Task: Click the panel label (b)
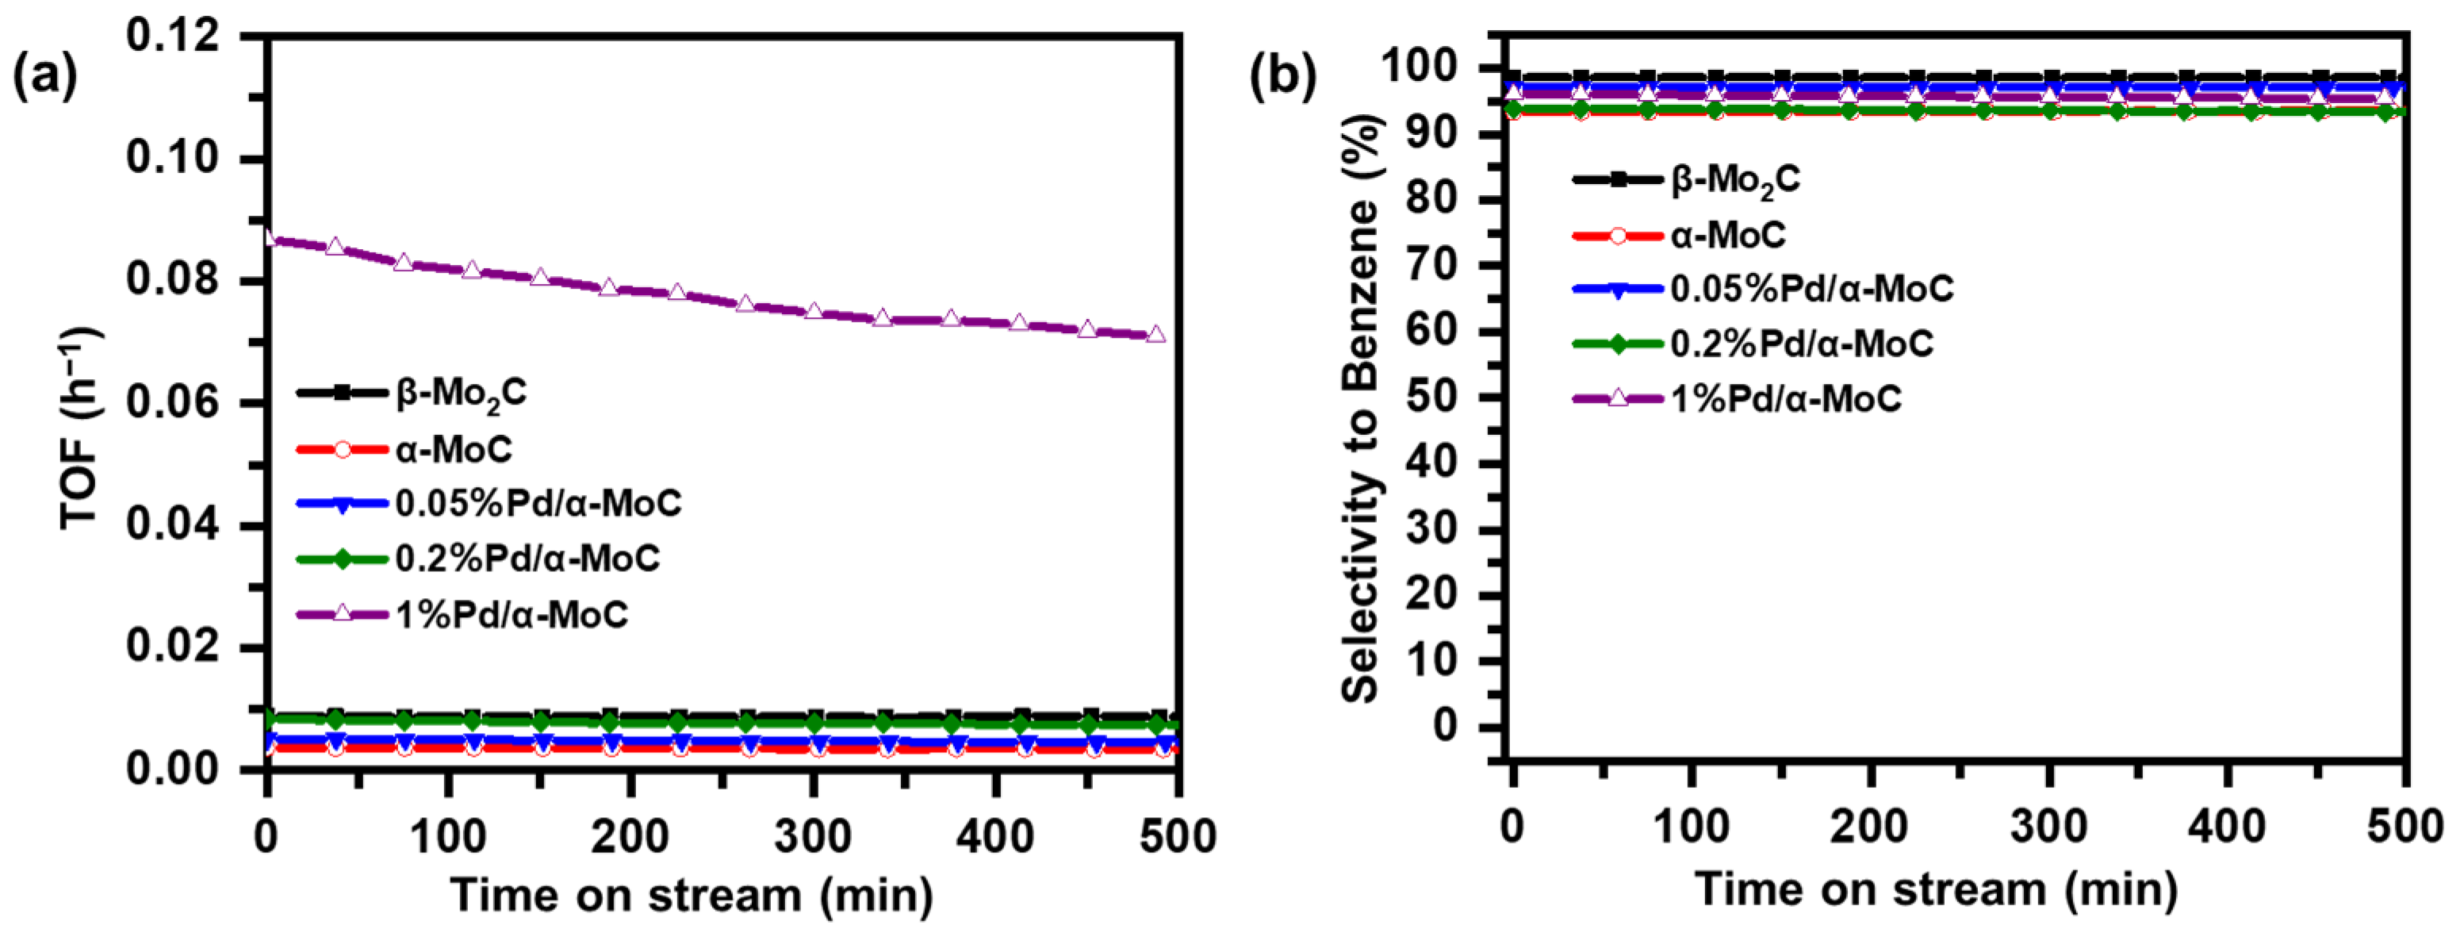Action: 1282,76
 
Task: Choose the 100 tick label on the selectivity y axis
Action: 1420,69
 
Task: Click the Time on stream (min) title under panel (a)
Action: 692,896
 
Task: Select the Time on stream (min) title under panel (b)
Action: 1937,889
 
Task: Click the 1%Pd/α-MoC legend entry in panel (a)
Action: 512,613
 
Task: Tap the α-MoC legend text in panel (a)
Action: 454,447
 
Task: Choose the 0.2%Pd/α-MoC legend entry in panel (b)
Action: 1801,344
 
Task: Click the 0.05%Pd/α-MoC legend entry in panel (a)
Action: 538,503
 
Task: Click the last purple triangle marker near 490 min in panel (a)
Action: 1155,334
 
